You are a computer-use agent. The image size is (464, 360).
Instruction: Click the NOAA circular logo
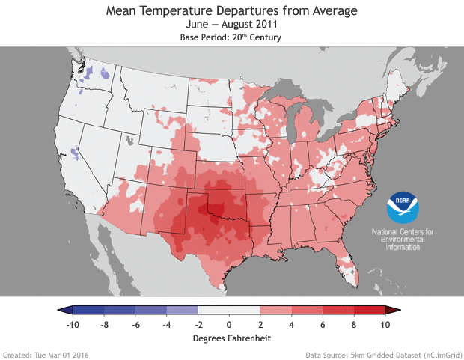coord(403,207)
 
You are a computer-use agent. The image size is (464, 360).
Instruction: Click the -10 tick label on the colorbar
coord(73,326)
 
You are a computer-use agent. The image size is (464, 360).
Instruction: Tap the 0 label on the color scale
coord(229,326)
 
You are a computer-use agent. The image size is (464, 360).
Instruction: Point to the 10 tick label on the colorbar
coord(385,326)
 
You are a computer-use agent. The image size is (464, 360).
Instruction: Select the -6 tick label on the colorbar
coord(135,326)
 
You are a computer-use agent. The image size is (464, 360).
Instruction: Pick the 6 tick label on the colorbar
coord(323,326)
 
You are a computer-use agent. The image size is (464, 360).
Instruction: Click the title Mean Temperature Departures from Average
coord(232,10)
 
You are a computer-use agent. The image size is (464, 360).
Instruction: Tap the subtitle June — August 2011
coord(232,25)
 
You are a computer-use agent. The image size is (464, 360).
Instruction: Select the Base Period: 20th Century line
coord(232,37)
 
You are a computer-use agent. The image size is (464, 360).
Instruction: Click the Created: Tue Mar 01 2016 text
coord(46,354)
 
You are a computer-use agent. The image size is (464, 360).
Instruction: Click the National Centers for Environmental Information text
coord(403,240)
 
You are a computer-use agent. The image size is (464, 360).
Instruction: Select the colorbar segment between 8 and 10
coord(369,310)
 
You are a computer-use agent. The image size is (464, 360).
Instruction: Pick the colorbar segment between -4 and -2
coord(182,310)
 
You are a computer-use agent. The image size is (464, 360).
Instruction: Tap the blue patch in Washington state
coord(91,73)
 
